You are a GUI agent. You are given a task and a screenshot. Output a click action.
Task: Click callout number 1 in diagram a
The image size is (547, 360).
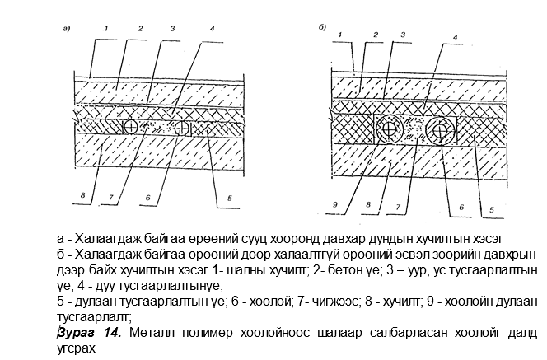pos(106,28)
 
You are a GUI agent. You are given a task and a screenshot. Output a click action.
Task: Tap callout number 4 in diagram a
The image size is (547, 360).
pos(212,29)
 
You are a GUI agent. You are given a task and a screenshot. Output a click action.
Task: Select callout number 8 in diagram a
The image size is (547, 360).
pos(82,195)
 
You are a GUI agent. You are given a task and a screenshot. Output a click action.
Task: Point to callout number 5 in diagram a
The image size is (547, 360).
pos(230,199)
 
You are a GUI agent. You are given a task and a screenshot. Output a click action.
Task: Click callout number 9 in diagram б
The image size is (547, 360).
pos(335,204)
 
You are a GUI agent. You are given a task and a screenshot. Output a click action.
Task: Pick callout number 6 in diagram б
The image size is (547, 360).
pos(461,208)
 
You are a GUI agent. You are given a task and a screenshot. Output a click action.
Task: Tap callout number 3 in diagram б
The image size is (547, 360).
pos(404,35)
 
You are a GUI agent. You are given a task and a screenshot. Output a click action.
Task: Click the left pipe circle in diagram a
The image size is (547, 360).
pos(131,127)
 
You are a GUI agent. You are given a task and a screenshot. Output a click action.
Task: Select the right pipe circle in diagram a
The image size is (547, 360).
pos(181,128)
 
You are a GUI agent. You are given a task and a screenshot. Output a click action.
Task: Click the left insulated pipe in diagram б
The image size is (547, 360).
pos(389,129)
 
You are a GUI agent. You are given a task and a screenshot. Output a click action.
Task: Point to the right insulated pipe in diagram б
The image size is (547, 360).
pos(440,131)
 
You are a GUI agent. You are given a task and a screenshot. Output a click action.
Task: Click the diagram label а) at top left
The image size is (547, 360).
pos(66,29)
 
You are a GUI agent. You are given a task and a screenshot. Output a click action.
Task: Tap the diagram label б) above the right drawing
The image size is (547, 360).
pos(322,27)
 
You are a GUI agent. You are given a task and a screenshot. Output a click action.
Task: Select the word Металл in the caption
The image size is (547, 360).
pos(152,333)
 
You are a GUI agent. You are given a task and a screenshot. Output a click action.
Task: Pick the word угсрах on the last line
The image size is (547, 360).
pos(76,348)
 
